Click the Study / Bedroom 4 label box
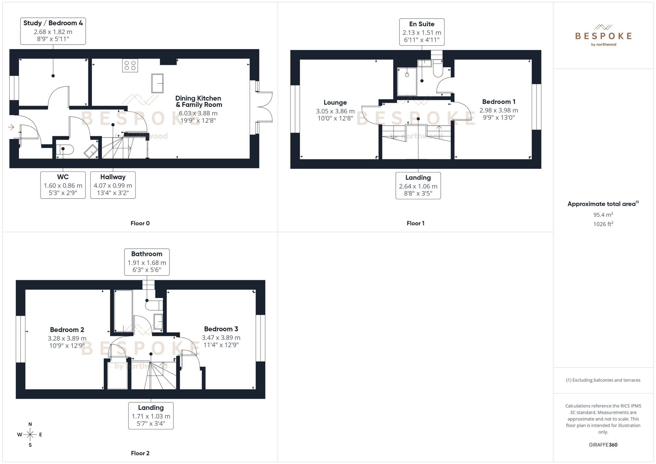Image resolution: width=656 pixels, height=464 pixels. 53,31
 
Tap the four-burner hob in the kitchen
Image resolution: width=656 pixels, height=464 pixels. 130,65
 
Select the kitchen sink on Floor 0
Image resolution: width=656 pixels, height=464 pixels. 157,83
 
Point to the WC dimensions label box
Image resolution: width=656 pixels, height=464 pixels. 63,185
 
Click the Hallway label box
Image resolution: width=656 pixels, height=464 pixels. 113,185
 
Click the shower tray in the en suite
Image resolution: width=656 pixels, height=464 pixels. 407,82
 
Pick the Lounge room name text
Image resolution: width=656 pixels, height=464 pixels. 335,102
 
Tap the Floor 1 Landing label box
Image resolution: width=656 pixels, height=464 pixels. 418,185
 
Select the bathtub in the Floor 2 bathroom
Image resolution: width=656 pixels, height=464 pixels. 123,311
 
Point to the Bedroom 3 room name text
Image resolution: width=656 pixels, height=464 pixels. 221,329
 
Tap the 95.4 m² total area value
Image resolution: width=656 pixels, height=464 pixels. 603,214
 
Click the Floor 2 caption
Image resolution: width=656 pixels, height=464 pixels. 140,453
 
